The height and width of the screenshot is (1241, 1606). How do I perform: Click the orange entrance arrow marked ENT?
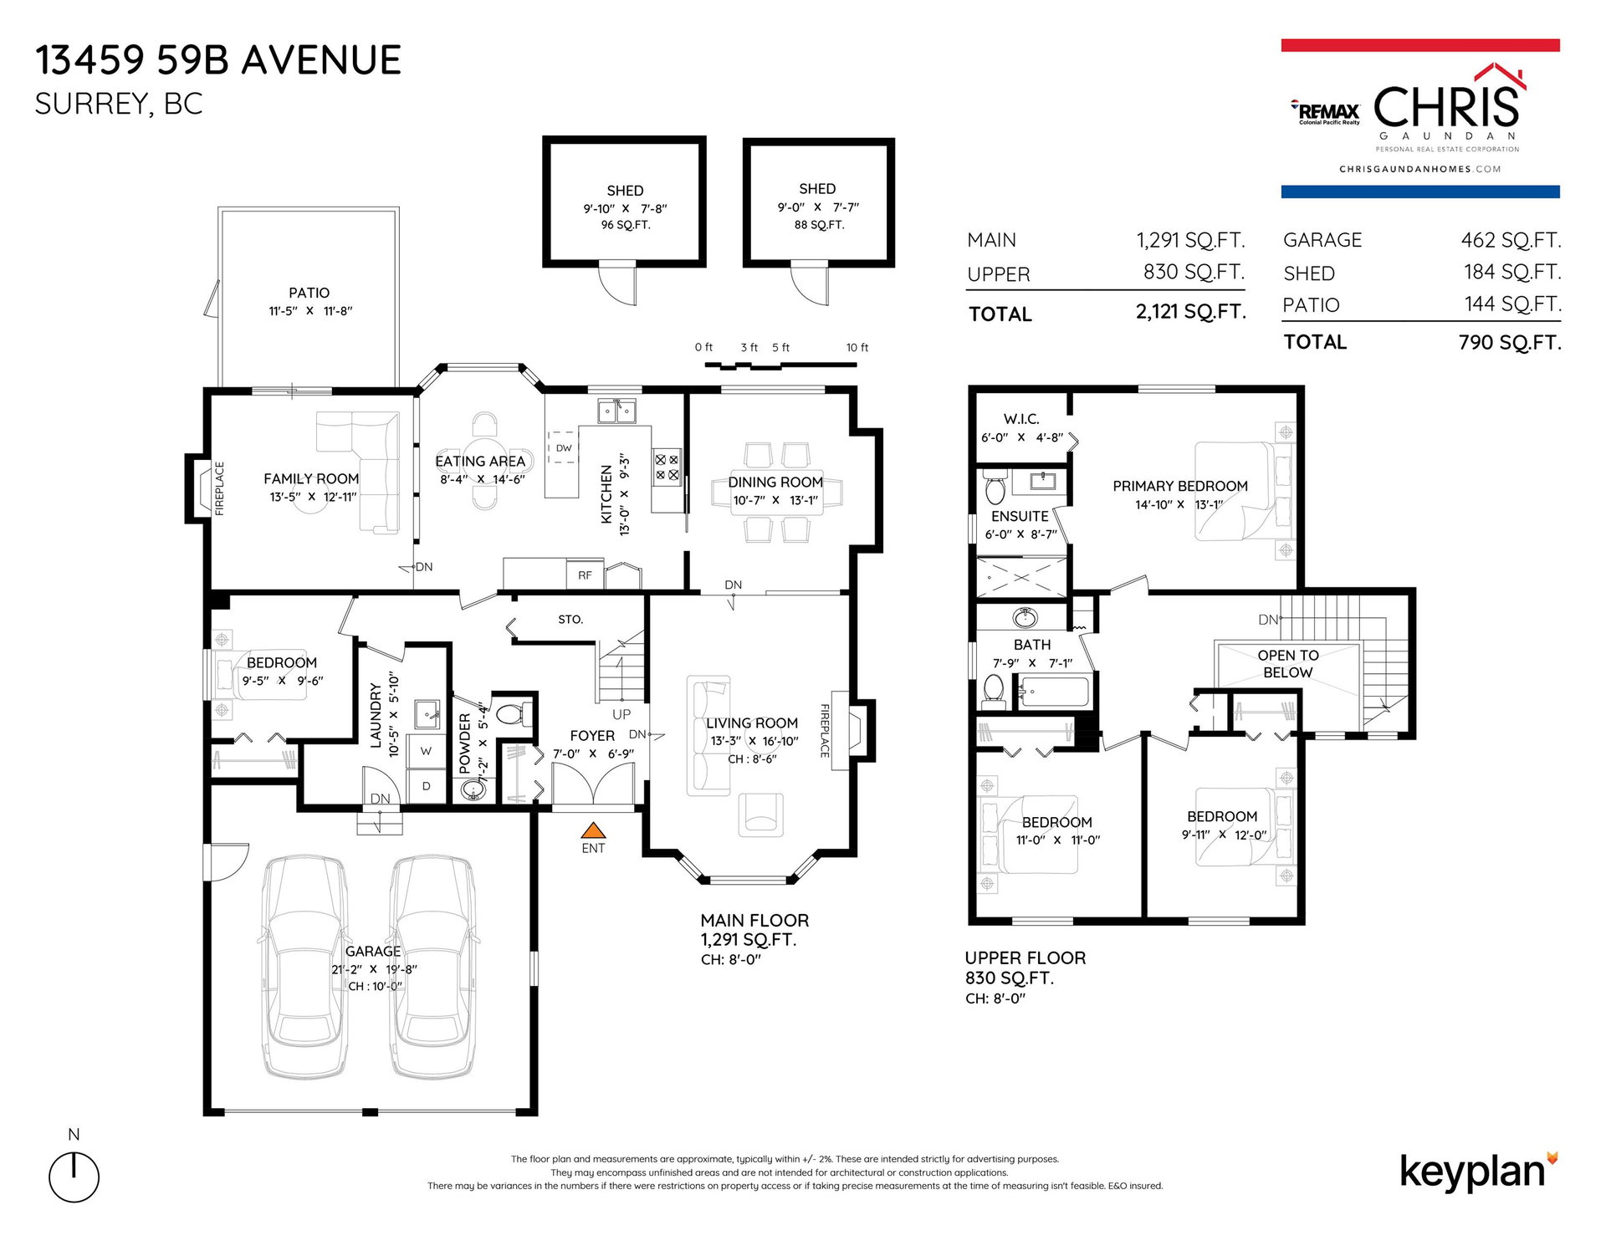(x=593, y=830)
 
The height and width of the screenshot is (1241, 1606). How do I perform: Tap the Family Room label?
(x=311, y=478)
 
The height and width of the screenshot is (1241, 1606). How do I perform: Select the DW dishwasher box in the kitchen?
(x=564, y=447)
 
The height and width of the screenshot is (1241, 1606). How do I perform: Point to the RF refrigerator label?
(x=585, y=575)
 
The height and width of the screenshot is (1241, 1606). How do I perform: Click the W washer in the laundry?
(x=427, y=751)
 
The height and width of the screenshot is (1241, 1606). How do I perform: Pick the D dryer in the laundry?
(x=427, y=786)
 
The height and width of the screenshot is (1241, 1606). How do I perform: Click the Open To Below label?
(x=1288, y=664)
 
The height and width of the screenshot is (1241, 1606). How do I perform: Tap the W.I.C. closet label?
(x=1021, y=419)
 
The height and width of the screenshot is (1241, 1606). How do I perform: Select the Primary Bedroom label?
(x=1180, y=486)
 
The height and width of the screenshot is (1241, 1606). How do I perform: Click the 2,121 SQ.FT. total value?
(x=1191, y=312)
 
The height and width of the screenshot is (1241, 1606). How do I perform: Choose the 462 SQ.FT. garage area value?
(x=1511, y=241)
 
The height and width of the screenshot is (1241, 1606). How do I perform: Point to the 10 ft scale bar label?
(x=857, y=347)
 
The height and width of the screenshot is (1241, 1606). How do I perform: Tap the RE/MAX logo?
(x=1327, y=112)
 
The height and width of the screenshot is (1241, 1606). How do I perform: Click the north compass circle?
(x=74, y=1177)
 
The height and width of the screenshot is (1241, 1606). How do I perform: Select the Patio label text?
(x=309, y=293)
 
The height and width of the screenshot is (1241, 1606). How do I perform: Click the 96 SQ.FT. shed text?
(x=626, y=225)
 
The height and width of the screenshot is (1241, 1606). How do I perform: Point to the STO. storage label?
(x=570, y=620)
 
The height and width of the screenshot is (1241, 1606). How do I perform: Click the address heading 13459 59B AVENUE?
(x=218, y=60)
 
